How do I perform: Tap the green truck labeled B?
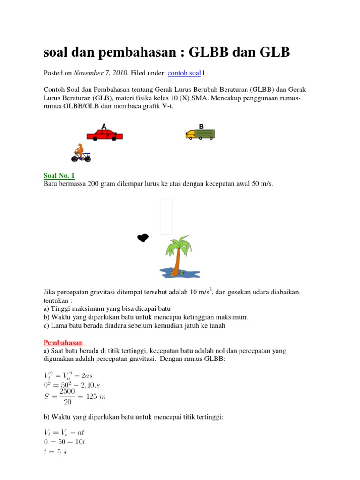(x=200, y=135)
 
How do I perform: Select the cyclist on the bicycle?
(x=81, y=153)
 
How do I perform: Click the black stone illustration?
(x=142, y=238)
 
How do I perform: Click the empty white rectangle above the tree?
(x=166, y=217)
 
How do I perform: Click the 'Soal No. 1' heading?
(x=59, y=176)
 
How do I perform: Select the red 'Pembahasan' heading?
(x=63, y=343)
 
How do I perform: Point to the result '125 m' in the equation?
(x=96, y=397)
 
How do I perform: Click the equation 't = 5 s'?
(x=59, y=452)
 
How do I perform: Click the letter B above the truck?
(x=202, y=127)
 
